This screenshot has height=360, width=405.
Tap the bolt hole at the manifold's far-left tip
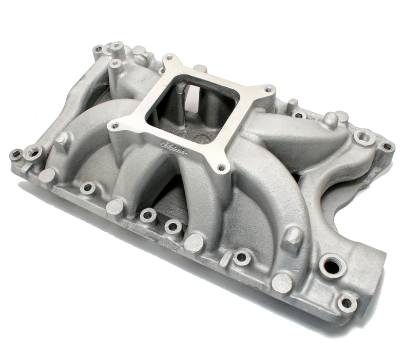16,154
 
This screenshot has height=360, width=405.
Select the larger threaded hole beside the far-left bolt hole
34,151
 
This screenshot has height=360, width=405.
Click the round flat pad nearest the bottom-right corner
282,283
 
